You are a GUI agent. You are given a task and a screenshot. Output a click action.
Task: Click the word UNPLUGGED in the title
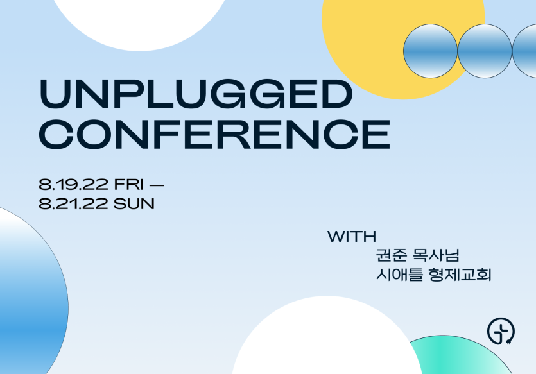tap(196, 94)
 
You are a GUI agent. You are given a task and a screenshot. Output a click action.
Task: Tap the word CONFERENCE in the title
tap(214, 135)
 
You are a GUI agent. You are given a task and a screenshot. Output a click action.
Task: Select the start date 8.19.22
tap(73, 185)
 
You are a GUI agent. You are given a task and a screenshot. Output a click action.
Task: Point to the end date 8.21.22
tap(73, 204)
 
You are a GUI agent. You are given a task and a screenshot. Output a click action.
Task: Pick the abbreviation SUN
tap(134, 204)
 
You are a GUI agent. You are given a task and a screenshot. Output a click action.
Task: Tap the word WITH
tap(352, 236)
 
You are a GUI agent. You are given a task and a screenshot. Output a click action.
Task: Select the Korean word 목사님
tap(437, 255)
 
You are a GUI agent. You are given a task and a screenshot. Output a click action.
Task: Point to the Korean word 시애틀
tap(399, 275)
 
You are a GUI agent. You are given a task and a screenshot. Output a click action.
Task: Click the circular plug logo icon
tap(501, 331)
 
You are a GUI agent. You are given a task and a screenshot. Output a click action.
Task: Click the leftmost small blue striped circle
tap(430, 51)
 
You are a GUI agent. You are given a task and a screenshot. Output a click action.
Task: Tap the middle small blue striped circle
tap(485, 51)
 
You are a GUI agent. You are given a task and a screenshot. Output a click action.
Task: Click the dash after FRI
tap(157, 185)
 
